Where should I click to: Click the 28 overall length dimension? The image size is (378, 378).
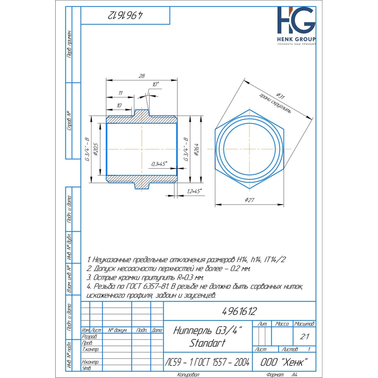click(142, 76)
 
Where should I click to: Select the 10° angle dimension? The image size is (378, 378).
click(155, 85)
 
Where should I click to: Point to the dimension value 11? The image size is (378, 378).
click(120, 93)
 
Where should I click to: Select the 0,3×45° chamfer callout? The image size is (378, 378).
click(159, 164)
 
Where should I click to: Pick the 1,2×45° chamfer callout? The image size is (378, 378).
click(194, 191)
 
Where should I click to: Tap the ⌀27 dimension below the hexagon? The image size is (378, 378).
click(249, 200)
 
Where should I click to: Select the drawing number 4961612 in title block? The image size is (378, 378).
click(239, 311)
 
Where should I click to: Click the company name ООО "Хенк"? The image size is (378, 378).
click(283, 362)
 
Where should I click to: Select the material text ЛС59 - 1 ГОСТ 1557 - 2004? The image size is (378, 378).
click(207, 362)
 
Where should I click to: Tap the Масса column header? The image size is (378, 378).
click(282, 324)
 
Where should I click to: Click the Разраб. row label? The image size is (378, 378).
click(90, 336)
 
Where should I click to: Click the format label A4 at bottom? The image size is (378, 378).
click(294, 375)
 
